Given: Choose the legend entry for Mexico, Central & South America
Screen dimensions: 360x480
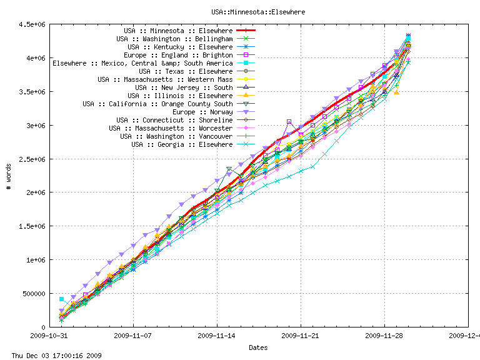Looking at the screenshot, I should (x=142, y=63).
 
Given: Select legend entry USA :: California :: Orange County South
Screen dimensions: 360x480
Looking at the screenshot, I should (x=157, y=104).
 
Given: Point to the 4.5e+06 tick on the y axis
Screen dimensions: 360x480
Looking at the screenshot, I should (x=35, y=24).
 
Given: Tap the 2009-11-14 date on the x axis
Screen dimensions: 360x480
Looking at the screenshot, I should (x=217, y=336).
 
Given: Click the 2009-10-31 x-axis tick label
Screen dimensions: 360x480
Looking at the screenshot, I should (x=50, y=336).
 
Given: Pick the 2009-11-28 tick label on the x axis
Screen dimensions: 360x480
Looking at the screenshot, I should (x=384, y=336).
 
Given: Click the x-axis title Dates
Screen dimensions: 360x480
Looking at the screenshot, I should (x=258, y=347).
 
